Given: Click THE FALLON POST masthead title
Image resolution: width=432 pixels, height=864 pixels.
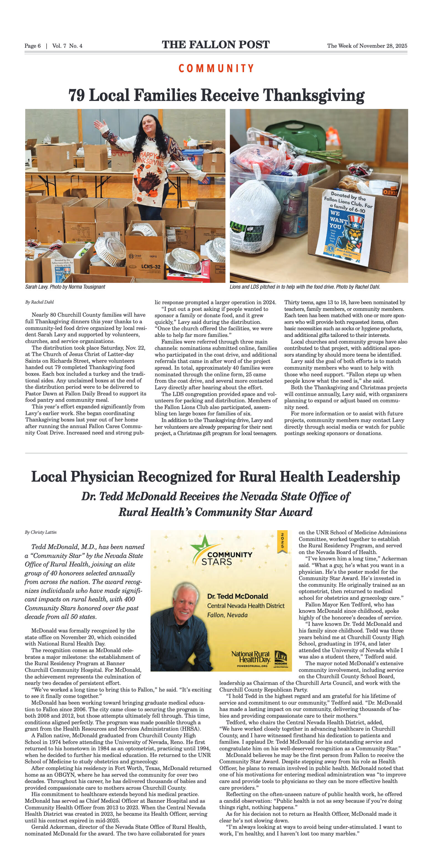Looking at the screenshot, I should point(216,45).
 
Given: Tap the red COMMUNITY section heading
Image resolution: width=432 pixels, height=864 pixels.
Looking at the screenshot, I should point(216,68).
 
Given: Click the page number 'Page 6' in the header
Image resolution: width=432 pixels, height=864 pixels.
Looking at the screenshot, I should point(32,46).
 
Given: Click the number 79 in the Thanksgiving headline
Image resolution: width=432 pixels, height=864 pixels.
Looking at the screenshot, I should point(77,95).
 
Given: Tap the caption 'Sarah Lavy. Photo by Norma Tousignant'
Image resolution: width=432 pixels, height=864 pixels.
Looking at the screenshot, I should point(65,287).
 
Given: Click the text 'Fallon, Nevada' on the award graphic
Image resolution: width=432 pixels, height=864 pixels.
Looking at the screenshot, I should point(227,615).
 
